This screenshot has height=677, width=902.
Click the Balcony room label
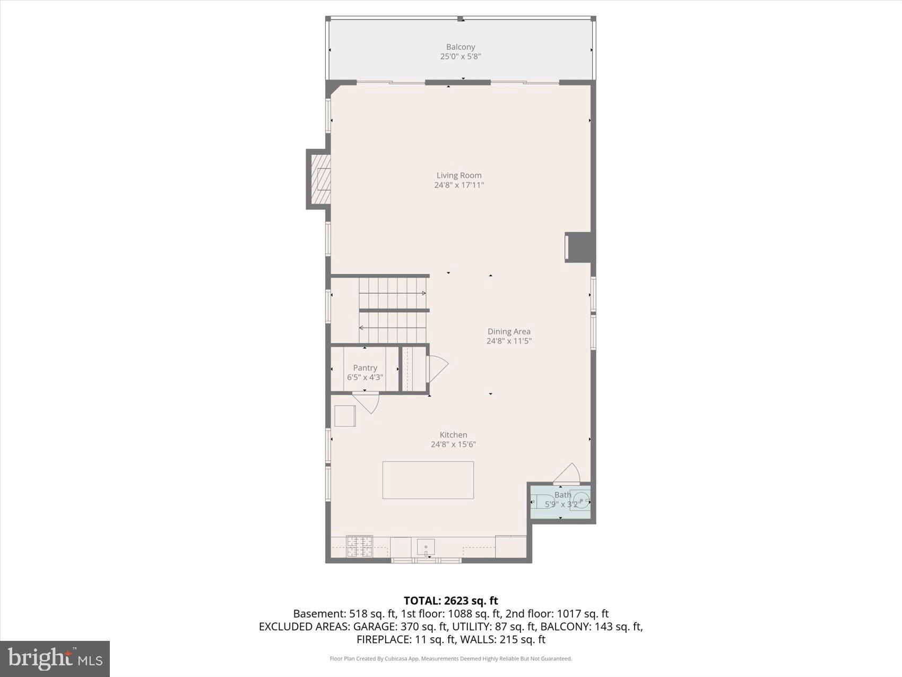(x=460, y=47)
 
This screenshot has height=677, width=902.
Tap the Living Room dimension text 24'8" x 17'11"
(x=459, y=185)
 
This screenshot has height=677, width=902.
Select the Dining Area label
(x=509, y=331)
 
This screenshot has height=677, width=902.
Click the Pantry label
(x=365, y=367)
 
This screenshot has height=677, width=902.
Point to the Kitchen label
(x=453, y=435)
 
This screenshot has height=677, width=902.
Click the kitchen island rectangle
(x=428, y=480)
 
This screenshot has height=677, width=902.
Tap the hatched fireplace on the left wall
(x=320, y=179)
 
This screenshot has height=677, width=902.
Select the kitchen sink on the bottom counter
(x=426, y=547)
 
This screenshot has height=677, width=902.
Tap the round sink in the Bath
(x=582, y=501)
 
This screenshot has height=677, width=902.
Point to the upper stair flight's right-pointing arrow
(x=423, y=293)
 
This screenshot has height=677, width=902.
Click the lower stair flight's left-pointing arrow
(x=362, y=328)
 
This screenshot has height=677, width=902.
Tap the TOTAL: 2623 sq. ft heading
(x=450, y=601)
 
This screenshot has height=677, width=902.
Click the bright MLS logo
(x=55, y=658)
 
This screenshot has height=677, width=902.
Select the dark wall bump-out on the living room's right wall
(x=579, y=247)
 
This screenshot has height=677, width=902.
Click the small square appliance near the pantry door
(x=345, y=416)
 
